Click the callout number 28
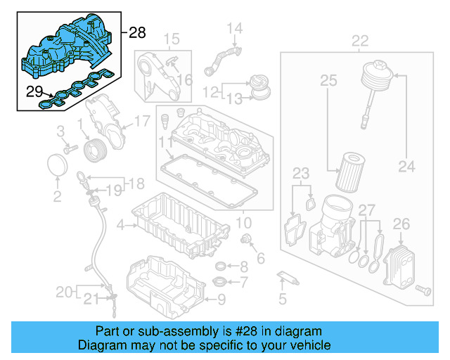(x=137, y=32)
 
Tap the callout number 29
(x=34, y=91)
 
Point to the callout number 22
(x=360, y=41)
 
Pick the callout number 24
(x=407, y=167)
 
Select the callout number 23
(x=301, y=172)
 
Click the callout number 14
(x=234, y=28)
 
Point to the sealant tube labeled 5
(x=288, y=276)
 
